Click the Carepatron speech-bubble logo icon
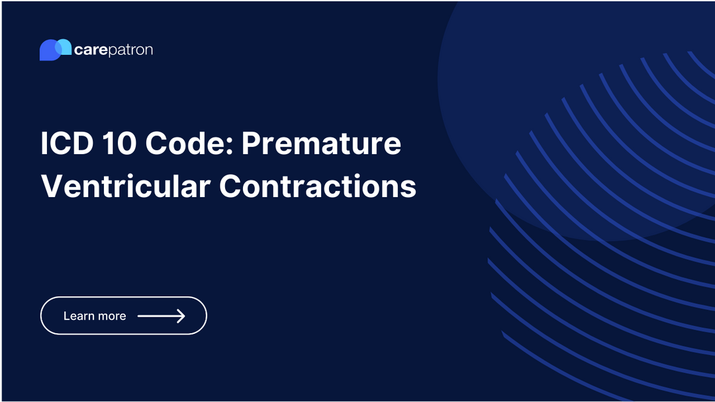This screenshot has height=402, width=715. pyautogui.click(x=55, y=50)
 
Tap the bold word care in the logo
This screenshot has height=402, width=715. pyautogui.click(x=91, y=50)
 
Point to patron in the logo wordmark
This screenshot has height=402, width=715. pyautogui.click(x=130, y=51)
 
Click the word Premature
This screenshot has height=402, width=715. pyautogui.click(x=321, y=144)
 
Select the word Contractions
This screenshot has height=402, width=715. pyautogui.click(x=318, y=186)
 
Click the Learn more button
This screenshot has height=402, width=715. pyautogui.click(x=124, y=316)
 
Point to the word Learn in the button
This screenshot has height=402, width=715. pyautogui.click(x=78, y=316)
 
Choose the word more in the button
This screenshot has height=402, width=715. pyautogui.click(x=111, y=316)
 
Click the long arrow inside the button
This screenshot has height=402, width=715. pyautogui.click(x=161, y=316)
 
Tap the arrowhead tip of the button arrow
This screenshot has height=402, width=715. pyautogui.click(x=183, y=316)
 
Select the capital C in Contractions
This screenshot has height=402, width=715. pyautogui.click(x=231, y=186)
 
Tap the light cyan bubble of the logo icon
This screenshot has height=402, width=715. pyautogui.click(x=64, y=46)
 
